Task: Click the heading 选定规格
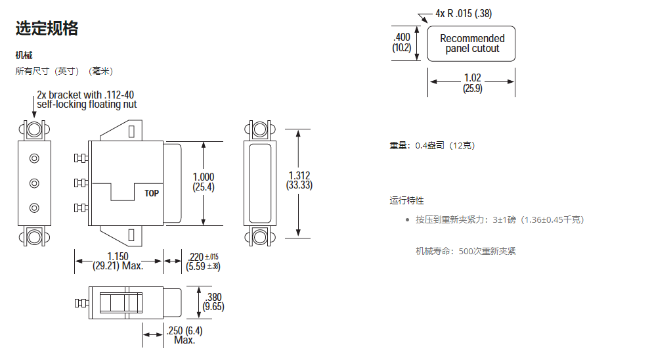47,28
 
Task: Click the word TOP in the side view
152,193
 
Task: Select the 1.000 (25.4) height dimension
203,182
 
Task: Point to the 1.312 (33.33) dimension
299,181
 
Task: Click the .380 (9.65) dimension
213,302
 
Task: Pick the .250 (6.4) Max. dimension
185,334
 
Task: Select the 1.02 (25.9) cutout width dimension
472,83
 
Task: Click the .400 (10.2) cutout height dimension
402,42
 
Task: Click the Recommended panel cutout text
472,43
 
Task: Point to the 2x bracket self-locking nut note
87,99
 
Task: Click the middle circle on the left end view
34,183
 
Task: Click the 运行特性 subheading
406,200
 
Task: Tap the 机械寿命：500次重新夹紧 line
466,251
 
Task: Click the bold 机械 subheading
24,55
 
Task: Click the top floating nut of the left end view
34,129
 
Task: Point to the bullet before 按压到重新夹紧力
408,219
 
